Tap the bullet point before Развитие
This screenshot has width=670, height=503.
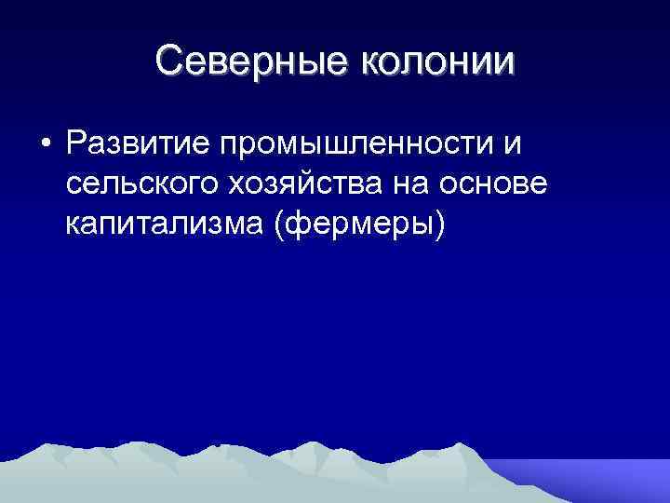(x=44, y=146)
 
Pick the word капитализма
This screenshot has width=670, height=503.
(x=166, y=226)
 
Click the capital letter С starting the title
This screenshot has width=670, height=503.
(x=170, y=61)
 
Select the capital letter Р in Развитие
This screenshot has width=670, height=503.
(x=76, y=145)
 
